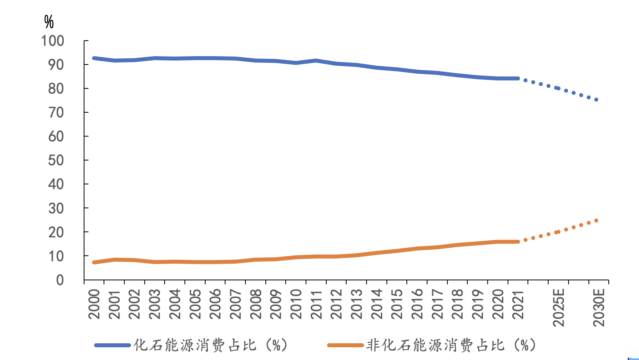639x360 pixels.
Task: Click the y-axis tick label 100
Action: [x=53, y=41]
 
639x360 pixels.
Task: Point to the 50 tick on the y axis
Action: [x=56, y=160]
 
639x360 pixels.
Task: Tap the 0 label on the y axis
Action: [x=60, y=280]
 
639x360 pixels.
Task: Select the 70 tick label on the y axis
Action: [x=56, y=113]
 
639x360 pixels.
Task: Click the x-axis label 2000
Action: [x=94, y=304]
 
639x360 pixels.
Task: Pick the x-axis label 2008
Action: [x=256, y=304]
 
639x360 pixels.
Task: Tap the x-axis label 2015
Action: [x=397, y=304]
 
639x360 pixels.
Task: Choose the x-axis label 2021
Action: [x=518, y=304]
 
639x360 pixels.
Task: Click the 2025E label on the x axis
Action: [x=559, y=307]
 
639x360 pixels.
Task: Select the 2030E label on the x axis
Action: [x=599, y=307]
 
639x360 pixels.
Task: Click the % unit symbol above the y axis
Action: [x=49, y=22]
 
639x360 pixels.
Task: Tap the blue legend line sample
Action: [x=112, y=345]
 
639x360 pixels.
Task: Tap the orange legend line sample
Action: [x=345, y=345]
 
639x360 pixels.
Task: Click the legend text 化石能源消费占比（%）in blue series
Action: [x=210, y=345]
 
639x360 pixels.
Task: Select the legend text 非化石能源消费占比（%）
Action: [x=451, y=345]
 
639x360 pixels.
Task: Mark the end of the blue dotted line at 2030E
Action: [x=596, y=100]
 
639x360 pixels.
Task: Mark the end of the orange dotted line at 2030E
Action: [x=596, y=221]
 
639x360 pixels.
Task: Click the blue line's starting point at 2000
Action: [x=94, y=58]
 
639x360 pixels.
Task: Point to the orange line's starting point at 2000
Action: [x=94, y=262]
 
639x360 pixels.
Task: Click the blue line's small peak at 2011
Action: [x=316, y=61]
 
